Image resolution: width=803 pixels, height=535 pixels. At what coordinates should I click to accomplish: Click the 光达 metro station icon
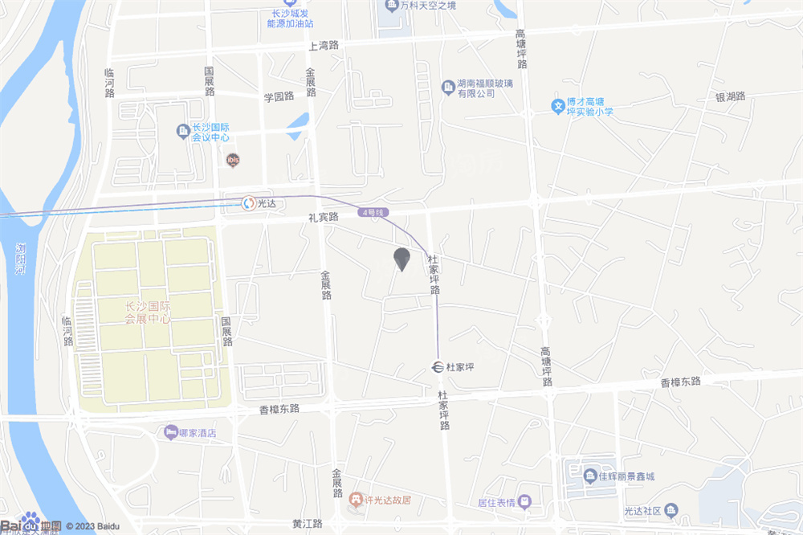[250, 202]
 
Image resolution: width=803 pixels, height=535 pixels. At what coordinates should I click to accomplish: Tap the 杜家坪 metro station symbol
[436, 367]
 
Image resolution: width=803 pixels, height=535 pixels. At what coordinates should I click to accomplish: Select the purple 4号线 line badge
[374, 213]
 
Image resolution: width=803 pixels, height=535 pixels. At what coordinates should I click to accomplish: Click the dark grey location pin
[401, 259]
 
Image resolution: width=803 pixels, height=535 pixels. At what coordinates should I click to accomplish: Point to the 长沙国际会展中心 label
[148, 312]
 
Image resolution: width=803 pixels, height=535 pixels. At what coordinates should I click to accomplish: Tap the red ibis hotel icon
[233, 160]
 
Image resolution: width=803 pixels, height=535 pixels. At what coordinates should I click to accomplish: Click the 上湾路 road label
[324, 46]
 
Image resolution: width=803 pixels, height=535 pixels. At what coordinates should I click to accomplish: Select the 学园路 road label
[279, 96]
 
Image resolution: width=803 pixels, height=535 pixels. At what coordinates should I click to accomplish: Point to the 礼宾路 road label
[324, 217]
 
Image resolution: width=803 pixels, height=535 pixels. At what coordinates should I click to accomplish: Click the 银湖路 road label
[731, 96]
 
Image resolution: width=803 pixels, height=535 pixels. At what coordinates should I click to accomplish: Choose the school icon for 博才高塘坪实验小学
[557, 105]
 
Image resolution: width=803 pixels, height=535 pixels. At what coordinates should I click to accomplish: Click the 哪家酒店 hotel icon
[169, 432]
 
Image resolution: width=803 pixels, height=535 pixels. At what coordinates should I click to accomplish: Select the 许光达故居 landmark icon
[355, 500]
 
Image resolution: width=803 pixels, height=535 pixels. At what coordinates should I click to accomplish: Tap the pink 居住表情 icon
[524, 503]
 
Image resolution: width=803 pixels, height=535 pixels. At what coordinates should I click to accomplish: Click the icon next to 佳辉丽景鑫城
[590, 476]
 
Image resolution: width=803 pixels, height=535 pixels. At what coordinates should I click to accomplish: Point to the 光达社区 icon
[671, 510]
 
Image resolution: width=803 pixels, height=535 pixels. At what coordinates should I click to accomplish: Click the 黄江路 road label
[307, 524]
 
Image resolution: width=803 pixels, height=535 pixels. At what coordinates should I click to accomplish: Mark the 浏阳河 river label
[21, 259]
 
